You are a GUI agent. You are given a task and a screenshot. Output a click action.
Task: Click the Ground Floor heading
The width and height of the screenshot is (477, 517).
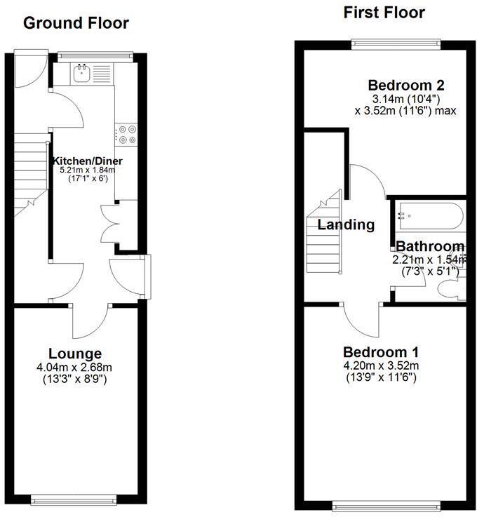click(76, 23)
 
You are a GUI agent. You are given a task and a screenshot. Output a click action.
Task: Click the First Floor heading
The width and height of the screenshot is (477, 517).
click(384, 13)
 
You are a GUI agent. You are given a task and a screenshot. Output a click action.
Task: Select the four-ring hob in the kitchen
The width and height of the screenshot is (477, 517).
click(127, 134)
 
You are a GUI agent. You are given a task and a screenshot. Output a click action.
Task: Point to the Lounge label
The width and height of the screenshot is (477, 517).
click(75, 354)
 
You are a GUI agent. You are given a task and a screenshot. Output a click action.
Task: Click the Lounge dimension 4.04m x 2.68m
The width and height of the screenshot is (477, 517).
click(75, 367)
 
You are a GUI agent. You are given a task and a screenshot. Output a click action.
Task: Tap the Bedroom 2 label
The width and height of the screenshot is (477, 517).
click(406, 86)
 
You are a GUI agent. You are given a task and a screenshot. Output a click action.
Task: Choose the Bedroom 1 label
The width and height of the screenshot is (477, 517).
click(379, 352)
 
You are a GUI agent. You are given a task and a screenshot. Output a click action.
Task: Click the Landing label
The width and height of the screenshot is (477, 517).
click(346, 225)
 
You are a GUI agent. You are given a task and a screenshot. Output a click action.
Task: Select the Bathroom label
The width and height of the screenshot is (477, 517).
click(430, 246)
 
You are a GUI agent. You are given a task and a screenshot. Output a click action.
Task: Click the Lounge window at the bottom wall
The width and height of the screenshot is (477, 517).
click(74, 499)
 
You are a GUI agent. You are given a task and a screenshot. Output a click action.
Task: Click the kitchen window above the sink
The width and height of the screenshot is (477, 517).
click(95, 55)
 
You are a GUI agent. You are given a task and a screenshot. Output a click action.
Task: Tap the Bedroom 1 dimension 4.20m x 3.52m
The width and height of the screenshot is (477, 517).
click(379, 365)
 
